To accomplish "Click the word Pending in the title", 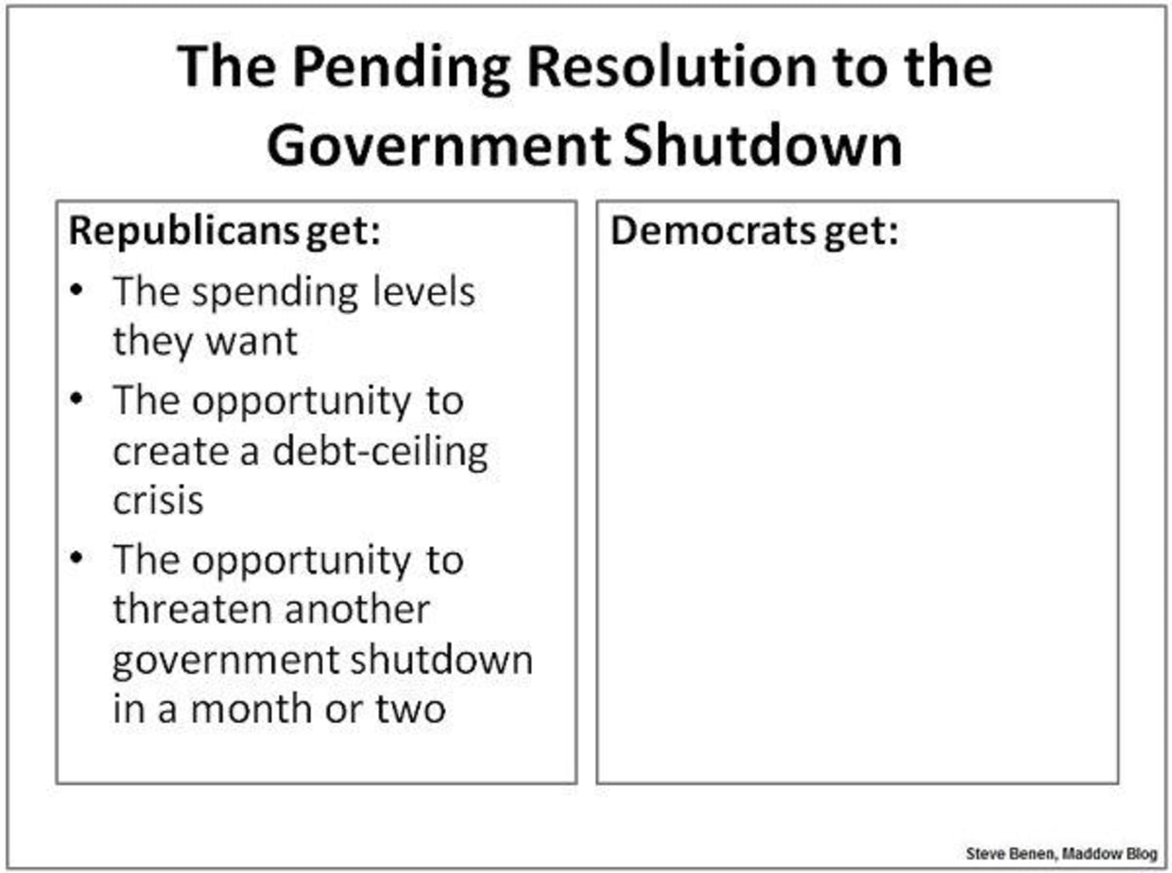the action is click(x=401, y=69).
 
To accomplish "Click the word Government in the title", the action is click(x=439, y=145).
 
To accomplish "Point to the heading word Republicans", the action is click(x=184, y=231).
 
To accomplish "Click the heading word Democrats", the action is click(x=713, y=231).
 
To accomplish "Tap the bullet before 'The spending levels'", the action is click(x=77, y=290).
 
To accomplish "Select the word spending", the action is click(x=275, y=293).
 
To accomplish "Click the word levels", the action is click(x=424, y=291).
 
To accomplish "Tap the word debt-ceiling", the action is click(x=380, y=453).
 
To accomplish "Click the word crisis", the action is click(x=158, y=500).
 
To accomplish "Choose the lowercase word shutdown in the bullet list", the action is click(x=441, y=659).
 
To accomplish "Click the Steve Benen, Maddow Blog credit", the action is click(x=1061, y=854).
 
